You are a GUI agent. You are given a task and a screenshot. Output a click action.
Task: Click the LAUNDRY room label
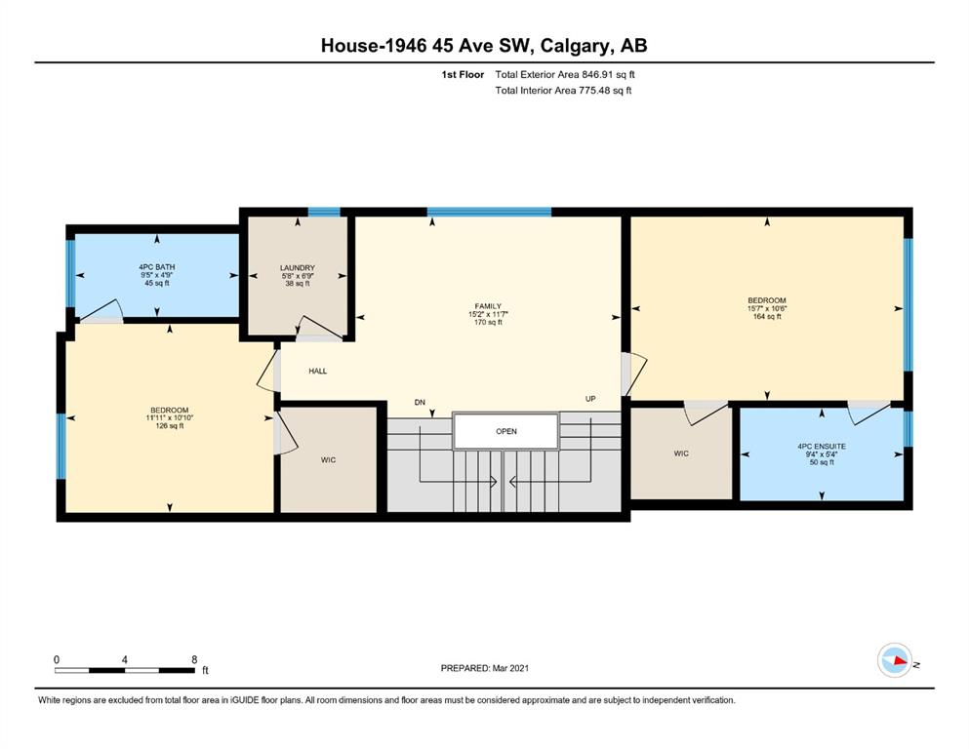tap(298, 268)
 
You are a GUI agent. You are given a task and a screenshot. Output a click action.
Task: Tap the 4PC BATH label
tap(157, 267)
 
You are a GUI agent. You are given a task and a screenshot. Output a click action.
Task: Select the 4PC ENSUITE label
tap(822, 447)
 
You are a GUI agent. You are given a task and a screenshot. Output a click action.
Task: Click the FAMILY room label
tap(488, 306)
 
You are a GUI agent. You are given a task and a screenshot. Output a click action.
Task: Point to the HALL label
tap(318, 372)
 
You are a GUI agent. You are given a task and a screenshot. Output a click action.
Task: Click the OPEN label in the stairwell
tap(506, 432)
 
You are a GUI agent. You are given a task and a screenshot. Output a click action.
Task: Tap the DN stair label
tap(421, 403)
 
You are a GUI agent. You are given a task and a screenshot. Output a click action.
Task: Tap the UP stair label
tap(590, 399)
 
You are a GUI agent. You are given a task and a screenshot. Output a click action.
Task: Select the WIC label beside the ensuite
tap(681, 453)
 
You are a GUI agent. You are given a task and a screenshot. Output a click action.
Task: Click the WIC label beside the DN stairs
tap(328, 460)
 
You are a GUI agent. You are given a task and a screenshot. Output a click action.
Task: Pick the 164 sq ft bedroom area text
tap(767, 317)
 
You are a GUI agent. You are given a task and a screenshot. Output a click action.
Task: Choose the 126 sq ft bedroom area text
tap(170, 425)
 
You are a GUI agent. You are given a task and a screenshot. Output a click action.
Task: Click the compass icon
tap(895, 660)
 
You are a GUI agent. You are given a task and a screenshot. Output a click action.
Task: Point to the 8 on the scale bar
tap(194, 659)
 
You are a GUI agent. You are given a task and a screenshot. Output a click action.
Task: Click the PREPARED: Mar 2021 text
tap(484, 668)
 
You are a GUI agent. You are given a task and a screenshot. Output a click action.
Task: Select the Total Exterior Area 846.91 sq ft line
tap(565, 75)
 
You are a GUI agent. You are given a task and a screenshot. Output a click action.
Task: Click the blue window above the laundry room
tap(324, 212)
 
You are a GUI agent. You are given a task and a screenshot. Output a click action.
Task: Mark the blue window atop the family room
tap(490, 212)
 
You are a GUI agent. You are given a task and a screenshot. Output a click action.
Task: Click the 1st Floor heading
tap(463, 75)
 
